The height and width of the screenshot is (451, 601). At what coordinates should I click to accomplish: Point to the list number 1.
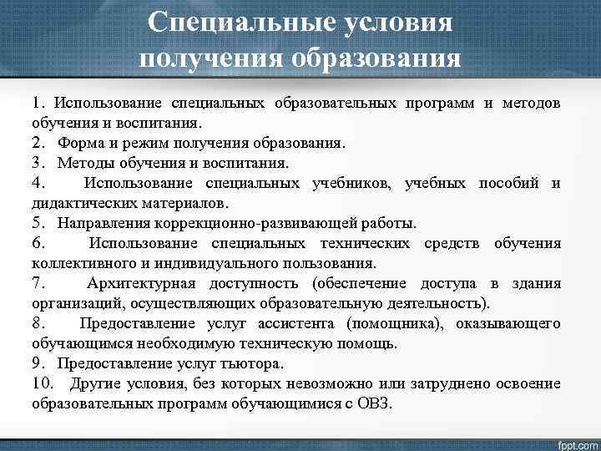[38, 103]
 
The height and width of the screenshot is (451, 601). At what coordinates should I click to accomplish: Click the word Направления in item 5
[104, 223]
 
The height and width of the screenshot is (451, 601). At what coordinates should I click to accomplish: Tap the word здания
[536, 284]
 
